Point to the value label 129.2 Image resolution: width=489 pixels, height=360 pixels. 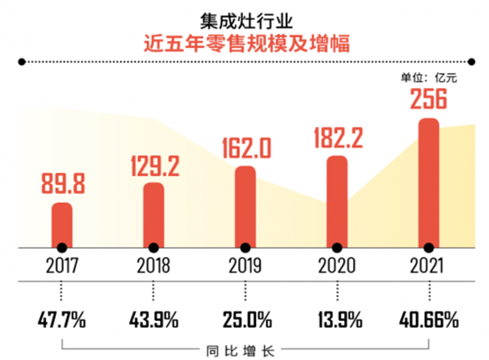click(x=154, y=164)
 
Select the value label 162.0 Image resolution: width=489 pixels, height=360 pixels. click(x=245, y=147)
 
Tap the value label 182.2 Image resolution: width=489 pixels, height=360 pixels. click(x=337, y=138)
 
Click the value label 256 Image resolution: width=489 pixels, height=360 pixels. click(x=429, y=100)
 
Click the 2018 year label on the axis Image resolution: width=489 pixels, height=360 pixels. click(x=154, y=264)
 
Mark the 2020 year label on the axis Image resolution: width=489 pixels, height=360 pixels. click(x=337, y=264)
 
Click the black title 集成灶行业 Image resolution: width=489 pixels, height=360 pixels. click(x=244, y=17)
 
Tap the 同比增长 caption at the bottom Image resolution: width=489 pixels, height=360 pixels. click(x=244, y=348)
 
